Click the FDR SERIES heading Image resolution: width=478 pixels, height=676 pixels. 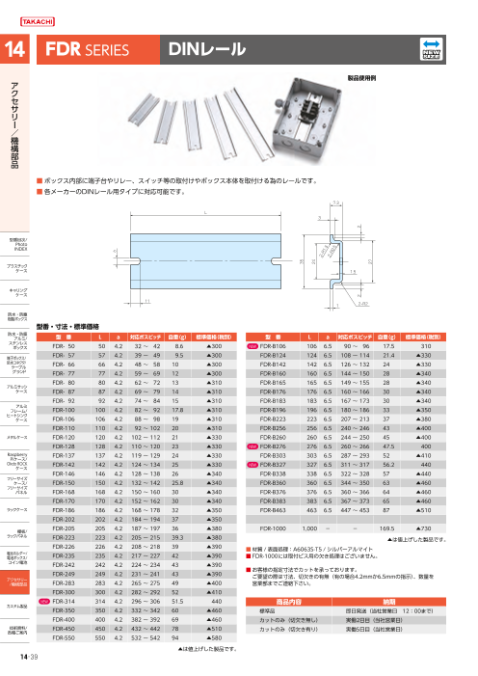(x=91, y=47)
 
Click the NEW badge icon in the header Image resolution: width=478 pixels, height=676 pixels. (x=453, y=47)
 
